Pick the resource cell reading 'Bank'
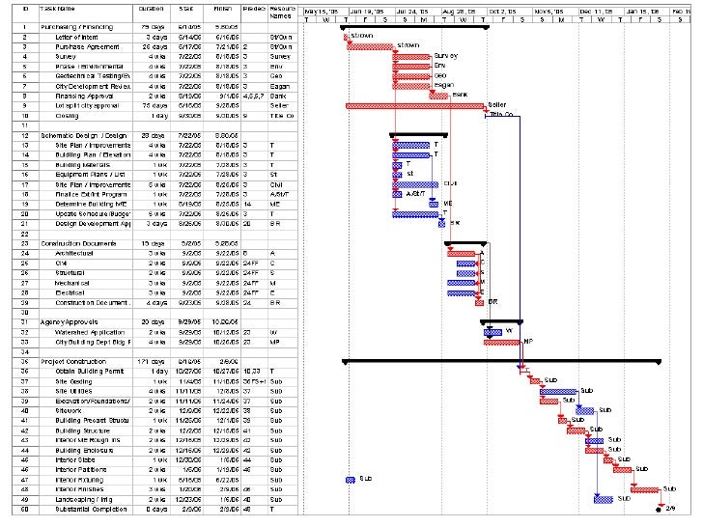(x=279, y=96)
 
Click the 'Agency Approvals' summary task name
(x=69, y=320)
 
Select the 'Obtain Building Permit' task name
(x=90, y=370)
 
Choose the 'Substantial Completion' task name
(x=92, y=508)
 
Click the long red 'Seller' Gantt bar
(x=415, y=105)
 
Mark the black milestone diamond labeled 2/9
(x=659, y=508)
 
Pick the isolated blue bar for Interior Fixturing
(x=350, y=479)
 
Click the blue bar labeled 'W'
(x=492, y=331)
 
